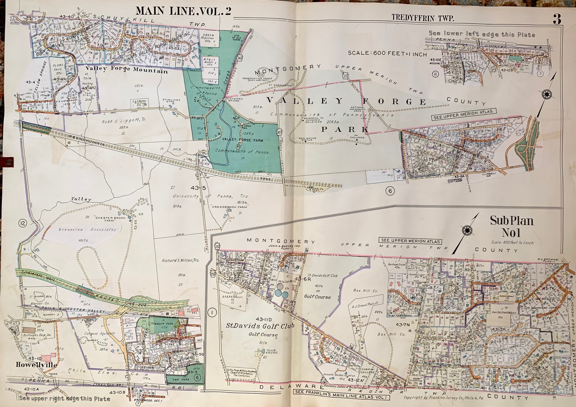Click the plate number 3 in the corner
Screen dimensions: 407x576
(x=557, y=19)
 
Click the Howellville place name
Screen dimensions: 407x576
(x=36, y=365)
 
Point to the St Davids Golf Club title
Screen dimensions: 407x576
(x=260, y=326)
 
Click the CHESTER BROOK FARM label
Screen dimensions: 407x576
(x=109, y=219)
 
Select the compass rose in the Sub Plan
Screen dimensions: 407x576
(x=467, y=230)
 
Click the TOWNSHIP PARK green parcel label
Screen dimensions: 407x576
(x=162, y=323)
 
